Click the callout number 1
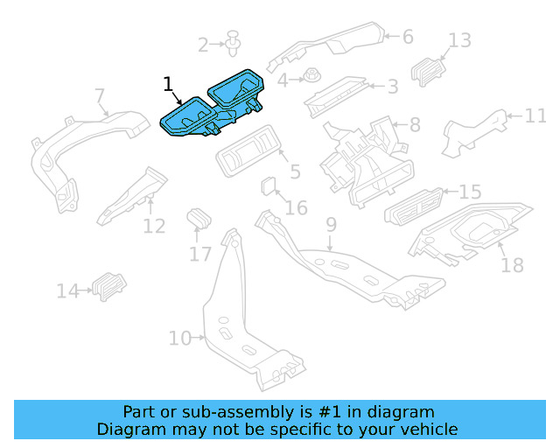click(168, 84)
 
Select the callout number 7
click(100, 95)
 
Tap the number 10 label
click(179, 338)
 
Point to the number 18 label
click(512, 264)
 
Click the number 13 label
click(460, 40)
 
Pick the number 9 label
click(331, 226)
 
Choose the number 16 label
click(297, 207)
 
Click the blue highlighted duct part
click(214, 105)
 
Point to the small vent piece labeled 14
click(108, 286)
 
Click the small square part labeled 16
click(269, 186)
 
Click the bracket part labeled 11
click(472, 132)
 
